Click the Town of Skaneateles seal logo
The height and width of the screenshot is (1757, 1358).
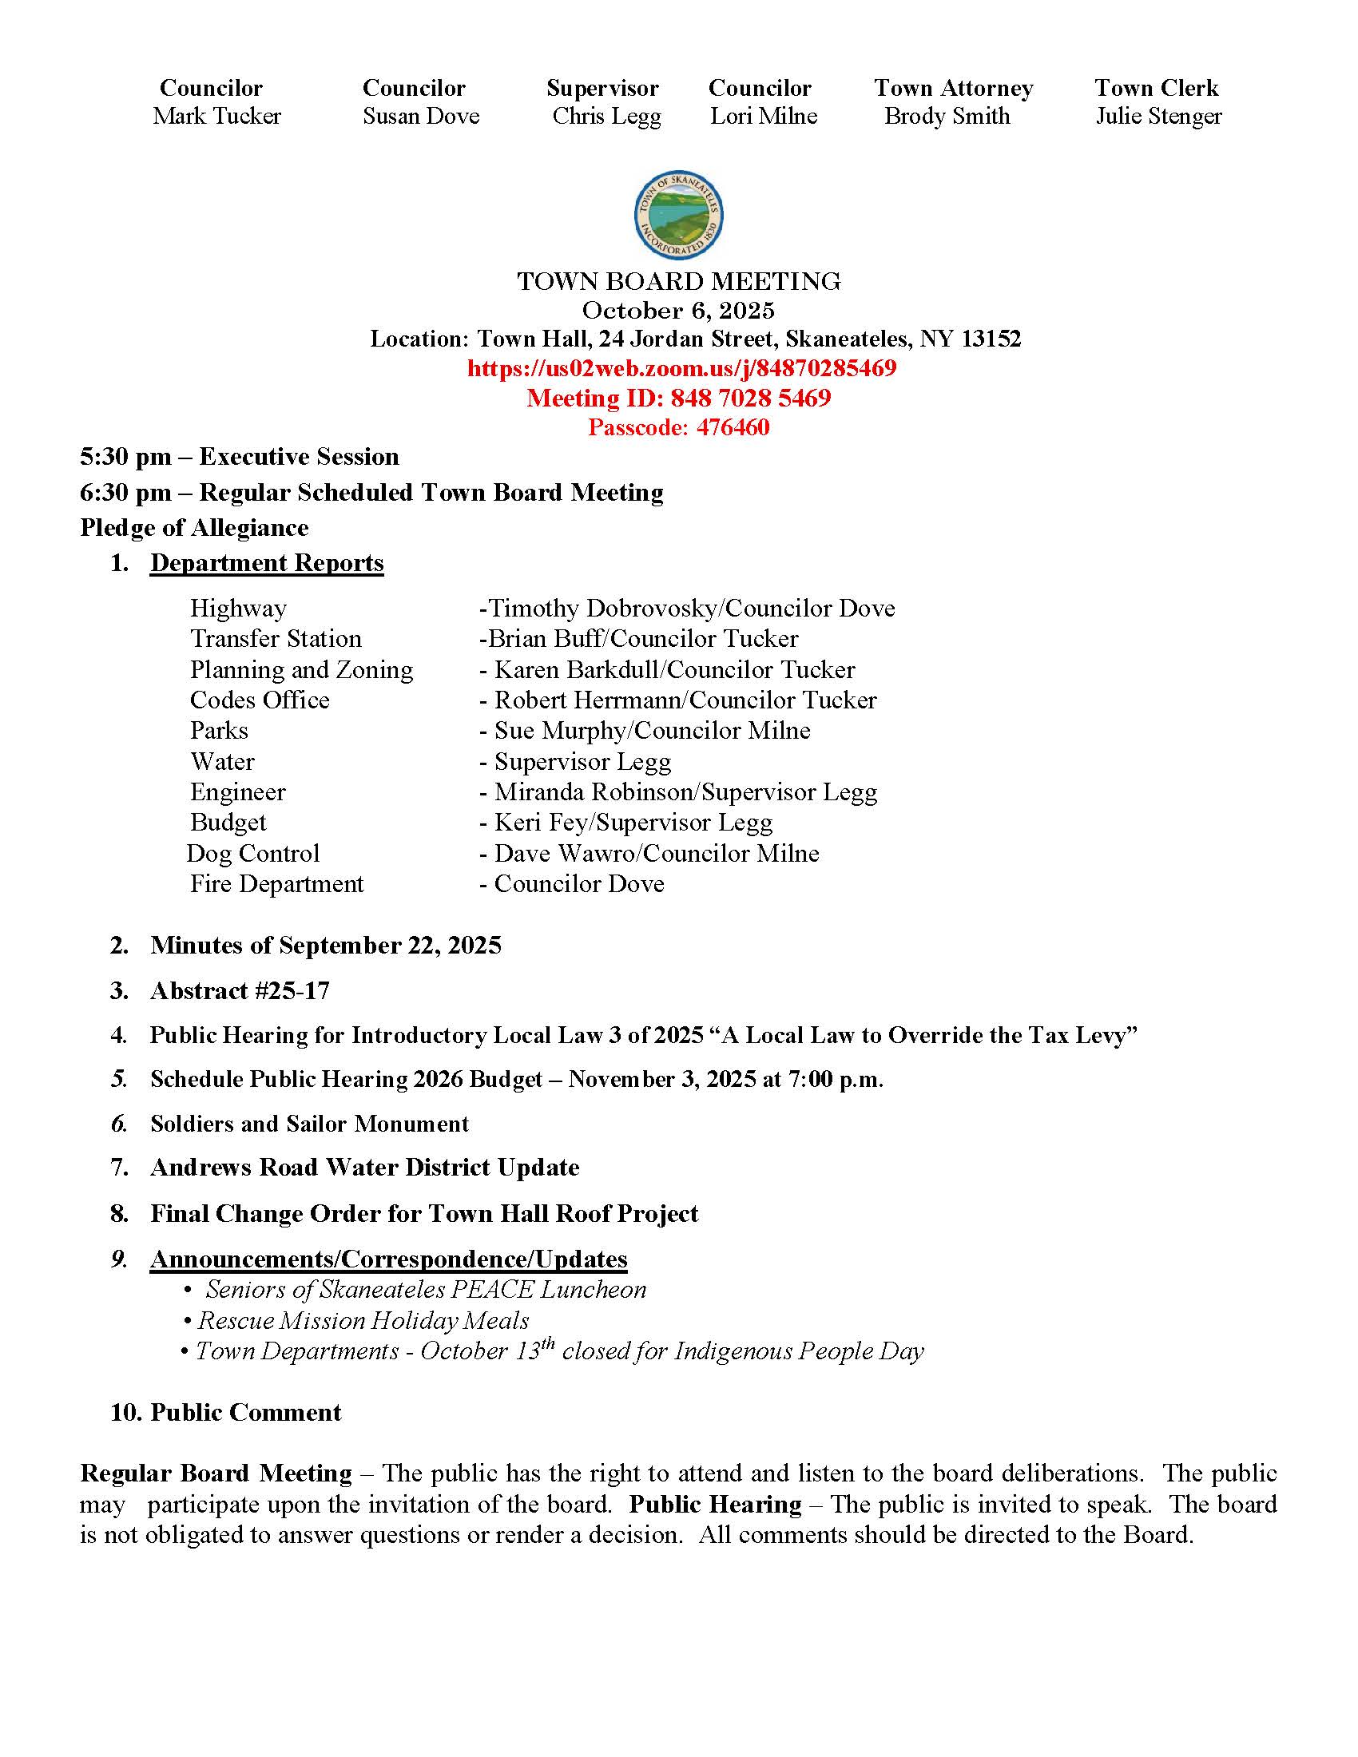click(678, 216)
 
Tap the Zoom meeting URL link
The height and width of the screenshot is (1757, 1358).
click(681, 368)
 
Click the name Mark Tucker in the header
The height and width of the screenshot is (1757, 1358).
click(216, 116)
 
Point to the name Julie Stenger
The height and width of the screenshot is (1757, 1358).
click(1158, 116)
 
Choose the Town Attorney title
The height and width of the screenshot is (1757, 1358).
click(953, 88)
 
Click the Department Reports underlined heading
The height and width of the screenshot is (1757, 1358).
click(266, 563)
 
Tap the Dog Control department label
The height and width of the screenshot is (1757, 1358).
click(253, 854)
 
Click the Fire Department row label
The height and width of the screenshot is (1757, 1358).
click(276, 884)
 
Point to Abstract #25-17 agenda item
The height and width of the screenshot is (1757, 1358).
click(240, 991)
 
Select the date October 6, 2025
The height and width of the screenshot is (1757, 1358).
click(678, 311)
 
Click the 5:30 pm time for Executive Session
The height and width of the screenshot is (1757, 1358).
click(125, 457)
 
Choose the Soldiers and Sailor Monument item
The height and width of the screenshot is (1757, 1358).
click(309, 1124)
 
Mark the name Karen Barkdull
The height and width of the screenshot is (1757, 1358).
click(578, 670)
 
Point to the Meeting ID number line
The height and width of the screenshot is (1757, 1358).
click(678, 399)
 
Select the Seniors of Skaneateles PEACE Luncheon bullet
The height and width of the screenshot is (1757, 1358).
click(426, 1290)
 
